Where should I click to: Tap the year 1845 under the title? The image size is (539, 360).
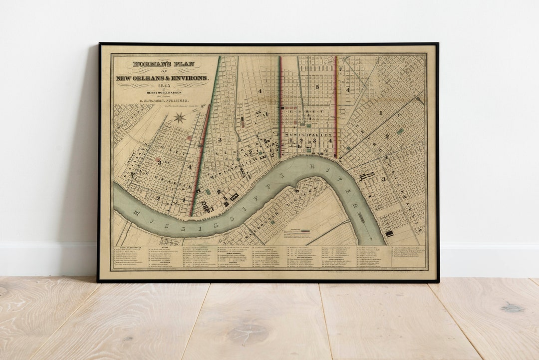[x=162, y=86]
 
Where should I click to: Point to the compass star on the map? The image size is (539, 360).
[x=180, y=118]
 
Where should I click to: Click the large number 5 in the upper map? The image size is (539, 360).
[x=317, y=87]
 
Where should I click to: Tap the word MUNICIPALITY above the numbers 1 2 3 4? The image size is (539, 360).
[x=308, y=135]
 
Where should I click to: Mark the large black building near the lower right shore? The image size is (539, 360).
[x=389, y=233]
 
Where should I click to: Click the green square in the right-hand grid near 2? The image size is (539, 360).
[x=400, y=131]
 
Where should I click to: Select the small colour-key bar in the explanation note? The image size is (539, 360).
[x=302, y=231]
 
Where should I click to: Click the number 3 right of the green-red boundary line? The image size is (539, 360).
[x=219, y=140]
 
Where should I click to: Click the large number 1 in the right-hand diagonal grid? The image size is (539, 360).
[x=380, y=113]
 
